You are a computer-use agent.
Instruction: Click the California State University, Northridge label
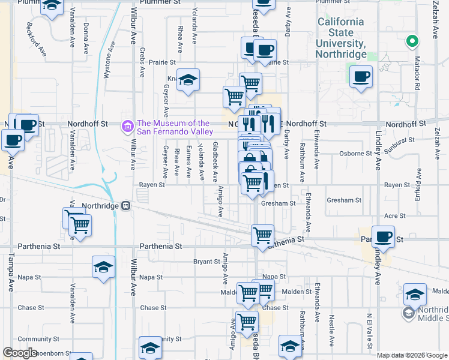coord(340,38)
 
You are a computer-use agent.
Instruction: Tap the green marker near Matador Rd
coord(412,42)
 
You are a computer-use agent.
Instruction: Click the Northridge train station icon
coord(126,205)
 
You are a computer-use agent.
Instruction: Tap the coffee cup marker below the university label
coord(361,77)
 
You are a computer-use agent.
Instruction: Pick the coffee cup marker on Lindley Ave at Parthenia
coord(383,236)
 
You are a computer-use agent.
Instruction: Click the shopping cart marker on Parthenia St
coord(262,235)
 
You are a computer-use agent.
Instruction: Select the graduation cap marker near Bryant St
coord(103,267)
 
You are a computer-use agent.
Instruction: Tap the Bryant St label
coord(206,262)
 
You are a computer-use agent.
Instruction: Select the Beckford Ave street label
coord(36,39)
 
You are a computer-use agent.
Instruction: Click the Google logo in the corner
coord(20,353)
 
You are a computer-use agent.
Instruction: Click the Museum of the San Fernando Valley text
coord(175,127)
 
